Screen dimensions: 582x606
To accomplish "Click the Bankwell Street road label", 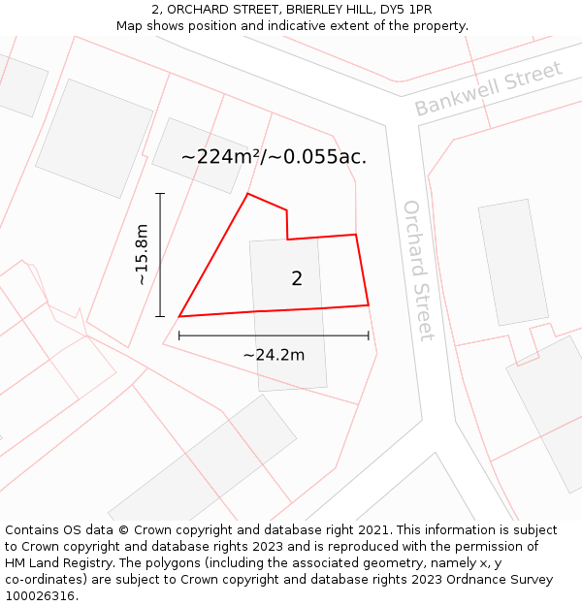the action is [x=488, y=88].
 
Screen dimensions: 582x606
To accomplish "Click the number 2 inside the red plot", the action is [x=297, y=279].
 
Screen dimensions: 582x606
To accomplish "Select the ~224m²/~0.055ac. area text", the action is [x=274, y=156].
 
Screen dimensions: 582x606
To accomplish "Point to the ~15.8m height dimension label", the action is [x=142, y=254].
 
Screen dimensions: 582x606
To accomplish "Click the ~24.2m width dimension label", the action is [x=274, y=355].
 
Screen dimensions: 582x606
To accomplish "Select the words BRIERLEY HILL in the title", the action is [x=310, y=9].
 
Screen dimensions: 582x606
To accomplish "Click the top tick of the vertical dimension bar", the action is [x=160, y=194].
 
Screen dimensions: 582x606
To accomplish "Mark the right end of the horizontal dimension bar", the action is [x=369, y=335].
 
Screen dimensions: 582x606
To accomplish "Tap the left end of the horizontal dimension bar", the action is [x=179, y=335].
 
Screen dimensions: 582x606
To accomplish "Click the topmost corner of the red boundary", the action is [x=247, y=194].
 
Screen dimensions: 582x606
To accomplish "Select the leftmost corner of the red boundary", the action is [x=179, y=316].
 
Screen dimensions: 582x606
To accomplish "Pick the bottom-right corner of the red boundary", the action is [x=369, y=305].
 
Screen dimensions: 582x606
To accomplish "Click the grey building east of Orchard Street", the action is [x=512, y=262].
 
